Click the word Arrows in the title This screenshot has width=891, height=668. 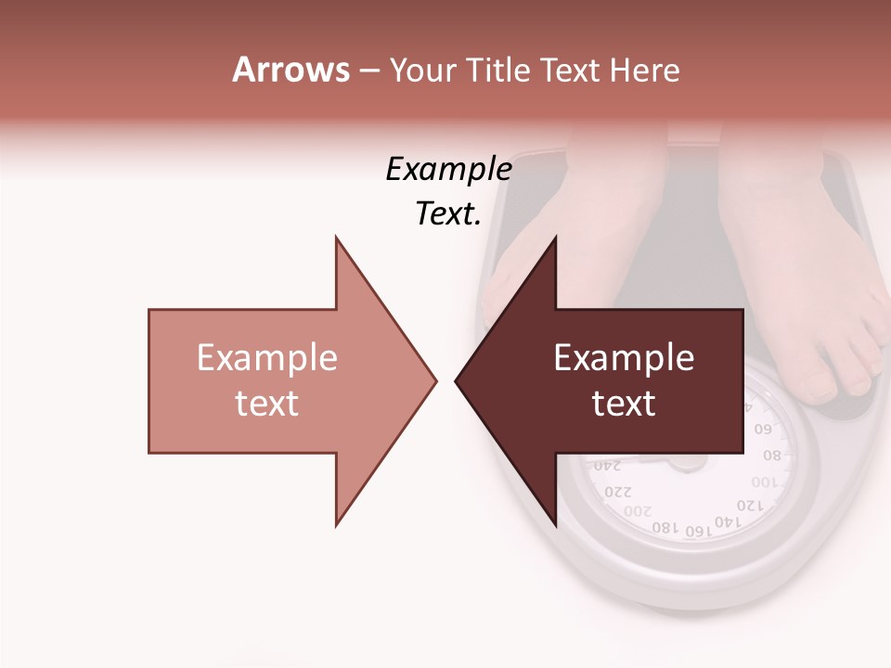click(x=291, y=70)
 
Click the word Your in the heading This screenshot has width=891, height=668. click(x=422, y=71)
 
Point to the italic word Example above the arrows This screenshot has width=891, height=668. click(x=448, y=170)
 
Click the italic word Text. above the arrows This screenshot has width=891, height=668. click(x=448, y=214)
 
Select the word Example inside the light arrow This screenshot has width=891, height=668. click(x=267, y=358)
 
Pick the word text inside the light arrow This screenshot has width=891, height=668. click(x=267, y=404)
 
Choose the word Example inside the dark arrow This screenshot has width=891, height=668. click(x=624, y=358)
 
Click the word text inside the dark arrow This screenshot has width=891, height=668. click(x=624, y=404)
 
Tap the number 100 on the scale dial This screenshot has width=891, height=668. click(x=766, y=482)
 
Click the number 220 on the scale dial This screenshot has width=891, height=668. click(x=617, y=491)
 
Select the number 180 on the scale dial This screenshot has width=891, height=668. click(x=665, y=528)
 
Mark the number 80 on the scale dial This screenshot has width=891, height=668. click(x=772, y=456)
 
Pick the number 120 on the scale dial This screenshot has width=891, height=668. click(x=750, y=506)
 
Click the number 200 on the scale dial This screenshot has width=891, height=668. click(x=638, y=511)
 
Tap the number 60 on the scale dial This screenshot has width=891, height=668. click(x=763, y=430)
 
